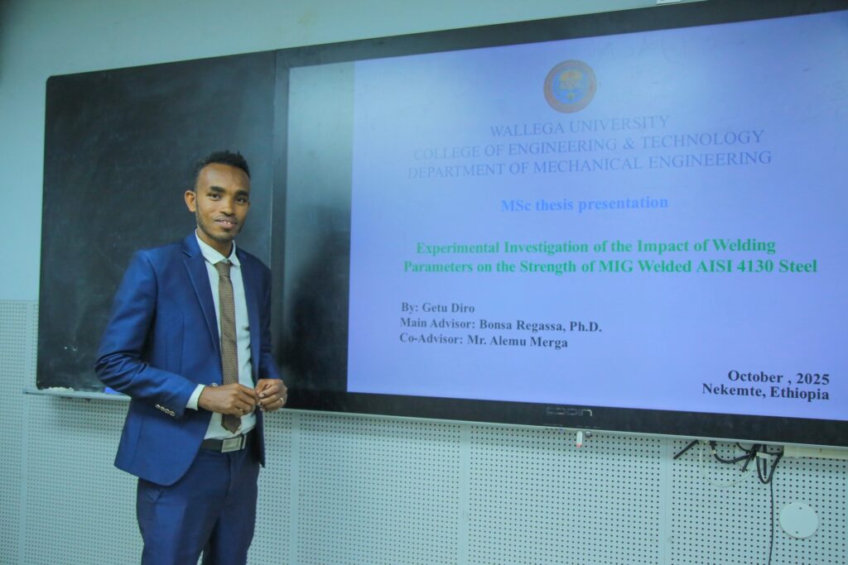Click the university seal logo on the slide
(570, 86)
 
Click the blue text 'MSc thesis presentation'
(585, 204)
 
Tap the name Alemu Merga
(532, 342)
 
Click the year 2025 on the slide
(812, 377)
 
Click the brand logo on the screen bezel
(568, 412)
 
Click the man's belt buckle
(234, 443)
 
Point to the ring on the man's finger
(282, 400)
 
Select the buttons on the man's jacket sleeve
(166, 410)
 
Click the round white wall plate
(798, 520)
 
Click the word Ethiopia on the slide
(799, 393)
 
